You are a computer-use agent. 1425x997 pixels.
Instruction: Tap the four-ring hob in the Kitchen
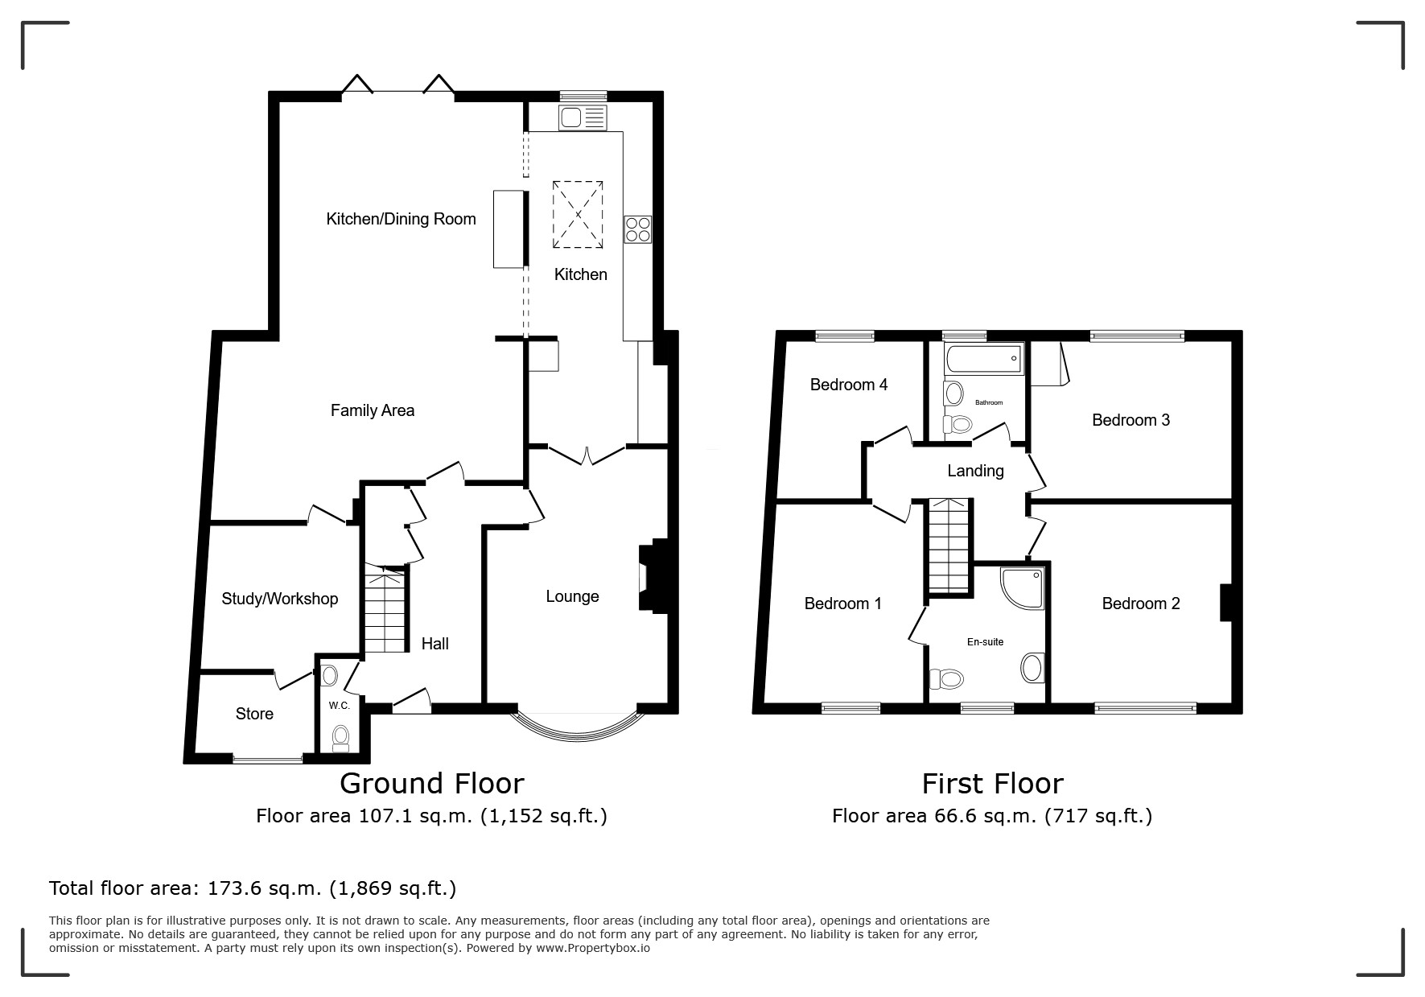click(638, 229)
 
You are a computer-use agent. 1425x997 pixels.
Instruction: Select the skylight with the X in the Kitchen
click(578, 214)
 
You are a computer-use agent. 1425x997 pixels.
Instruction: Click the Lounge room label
click(572, 596)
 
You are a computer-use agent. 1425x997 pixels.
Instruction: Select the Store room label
click(254, 714)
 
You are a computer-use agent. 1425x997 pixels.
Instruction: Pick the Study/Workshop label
click(280, 599)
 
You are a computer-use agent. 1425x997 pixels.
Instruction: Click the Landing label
click(975, 471)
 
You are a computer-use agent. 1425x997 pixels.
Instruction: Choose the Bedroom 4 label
click(849, 385)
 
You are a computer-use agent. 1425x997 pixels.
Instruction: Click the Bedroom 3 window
click(1137, 336)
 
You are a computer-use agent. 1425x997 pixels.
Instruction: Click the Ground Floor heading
click(432, 783)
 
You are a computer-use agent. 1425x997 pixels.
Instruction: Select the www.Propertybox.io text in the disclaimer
click(593, 948)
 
